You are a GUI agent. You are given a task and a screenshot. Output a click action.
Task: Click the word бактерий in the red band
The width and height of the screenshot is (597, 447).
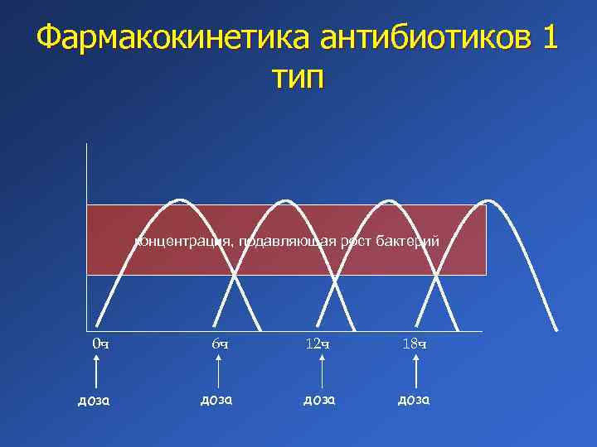[409, 241]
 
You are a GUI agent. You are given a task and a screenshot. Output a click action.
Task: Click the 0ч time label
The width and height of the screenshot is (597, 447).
[99, 344]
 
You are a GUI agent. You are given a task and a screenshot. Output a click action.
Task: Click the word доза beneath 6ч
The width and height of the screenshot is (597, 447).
[218, 399]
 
